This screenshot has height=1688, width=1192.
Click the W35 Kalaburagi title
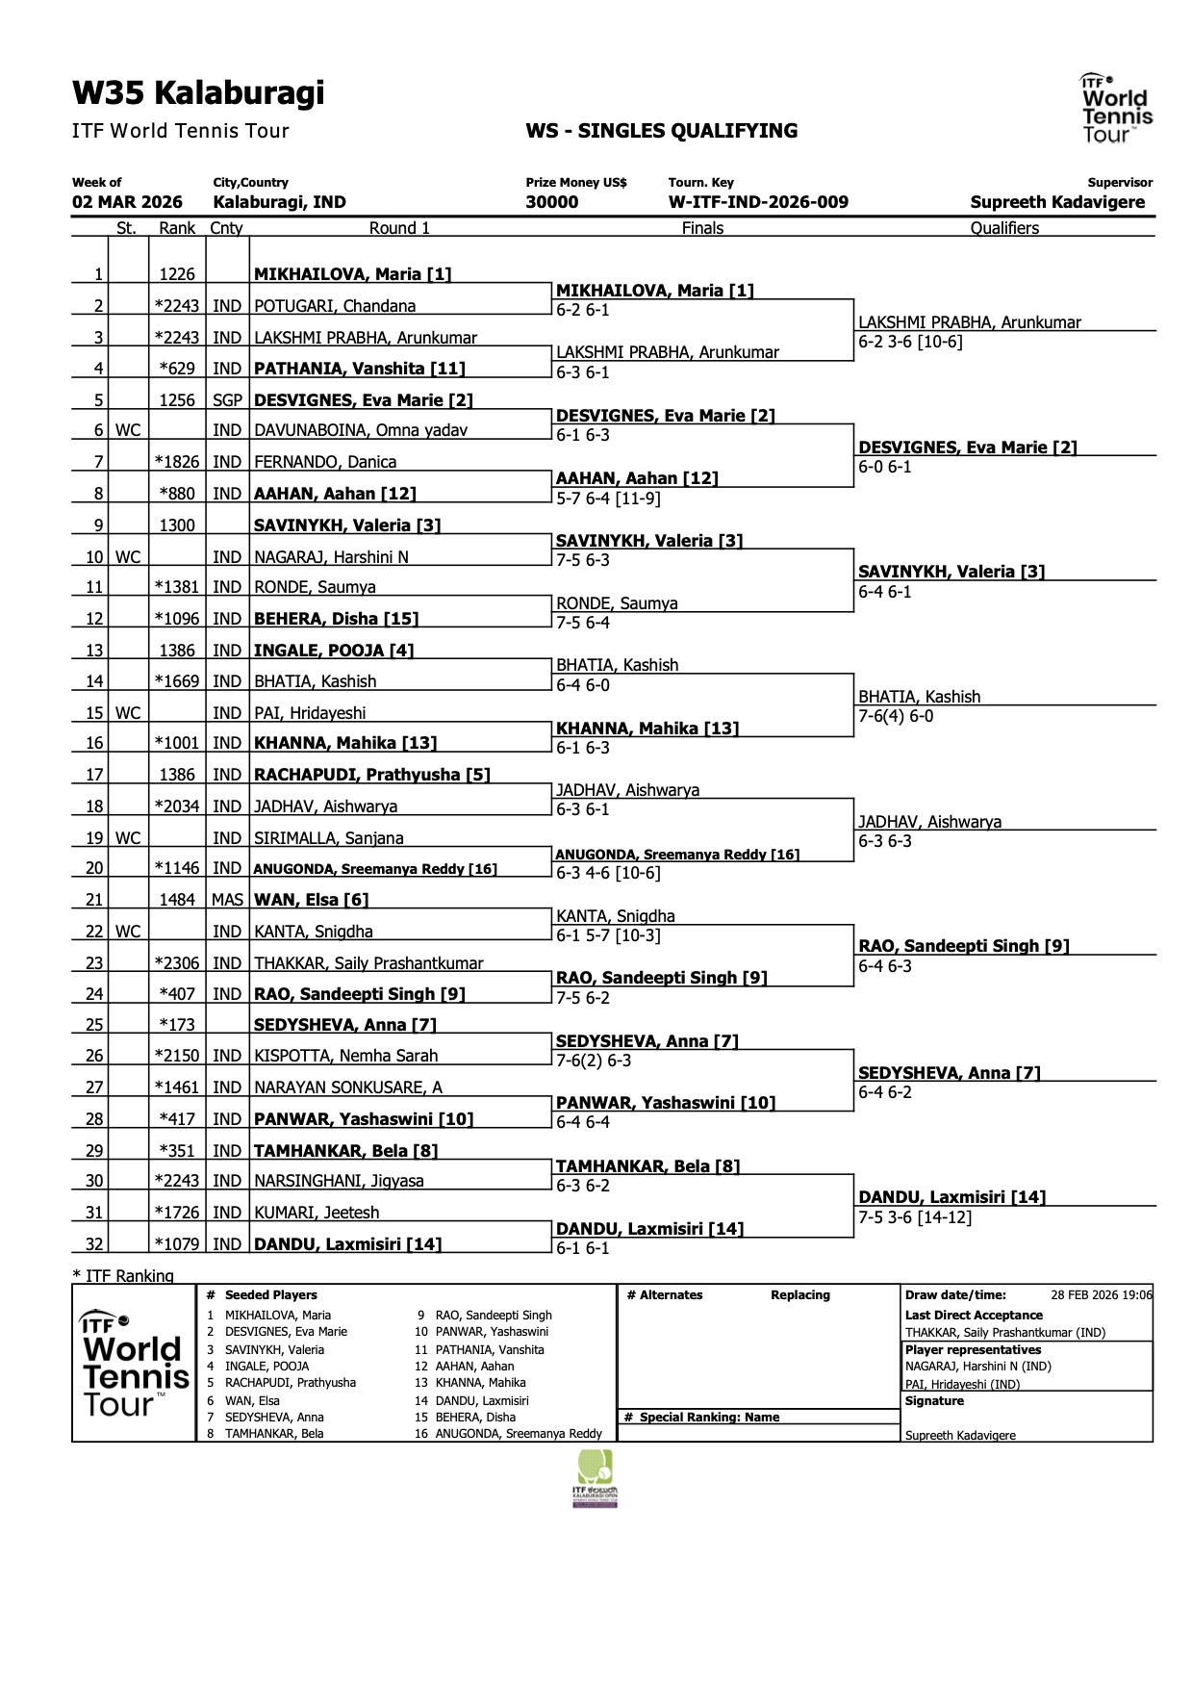coord(198,93)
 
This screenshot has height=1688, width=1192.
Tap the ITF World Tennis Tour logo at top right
coord(1115,108)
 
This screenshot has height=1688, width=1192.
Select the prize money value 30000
coord(552,202)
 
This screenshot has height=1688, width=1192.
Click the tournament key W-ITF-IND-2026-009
coord(758,202)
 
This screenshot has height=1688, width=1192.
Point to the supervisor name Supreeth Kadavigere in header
coord(1057,202)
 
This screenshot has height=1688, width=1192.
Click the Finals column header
coord(702,228)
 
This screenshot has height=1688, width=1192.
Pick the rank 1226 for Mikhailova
coord(177,274)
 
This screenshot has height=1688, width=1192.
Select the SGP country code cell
coord(227,400)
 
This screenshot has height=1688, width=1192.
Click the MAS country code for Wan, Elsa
coord(227,900)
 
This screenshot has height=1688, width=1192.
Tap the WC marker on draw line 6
coord(128,430)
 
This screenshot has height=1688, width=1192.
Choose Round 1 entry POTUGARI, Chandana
coord(335,306)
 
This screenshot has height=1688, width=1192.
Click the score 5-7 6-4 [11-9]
coord(608,499)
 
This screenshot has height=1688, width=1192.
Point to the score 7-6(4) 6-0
coord(896,716)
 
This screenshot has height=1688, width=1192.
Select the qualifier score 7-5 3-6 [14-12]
coord(915,1217)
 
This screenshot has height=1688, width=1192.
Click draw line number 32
coord(94,1243)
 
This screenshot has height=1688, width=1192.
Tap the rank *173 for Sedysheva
coord(177,1024)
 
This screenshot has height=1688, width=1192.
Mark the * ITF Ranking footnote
coord(123,1275)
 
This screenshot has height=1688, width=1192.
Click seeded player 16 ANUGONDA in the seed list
coord(509,1433)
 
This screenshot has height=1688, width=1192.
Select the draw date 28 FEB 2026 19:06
coord(1102,1294)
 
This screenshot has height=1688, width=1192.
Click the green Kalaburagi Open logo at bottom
coord(595,1478)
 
